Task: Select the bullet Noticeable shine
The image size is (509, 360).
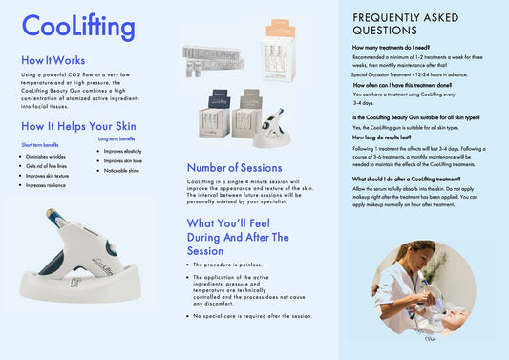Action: (121, 171)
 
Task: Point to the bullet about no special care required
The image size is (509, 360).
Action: (252, 315)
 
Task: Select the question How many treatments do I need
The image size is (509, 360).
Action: (391, 47)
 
